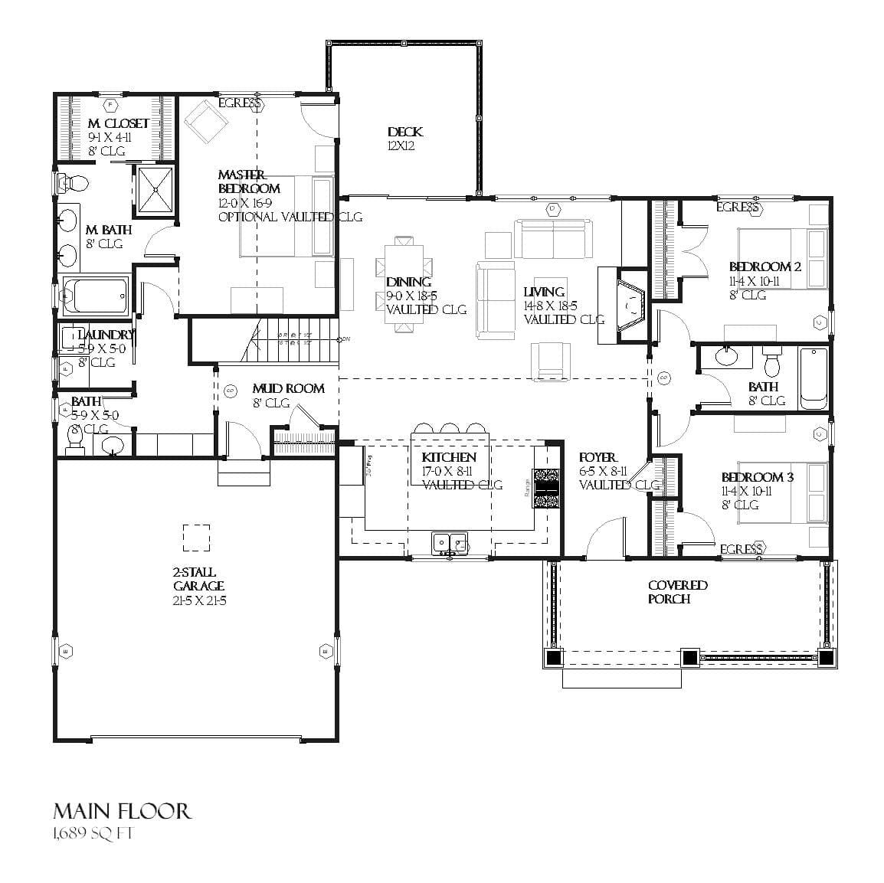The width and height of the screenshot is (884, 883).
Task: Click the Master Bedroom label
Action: click(x=249, y=182)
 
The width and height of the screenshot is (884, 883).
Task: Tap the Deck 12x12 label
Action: click(x=404, y=132)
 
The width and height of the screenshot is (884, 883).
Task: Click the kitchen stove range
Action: click(x=545, y=488)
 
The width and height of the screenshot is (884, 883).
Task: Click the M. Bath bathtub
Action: click(x=96, y=295)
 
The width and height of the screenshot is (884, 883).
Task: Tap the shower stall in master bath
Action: click(x=156, y=189)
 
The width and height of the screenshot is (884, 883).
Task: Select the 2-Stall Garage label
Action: click(x=194, y=579)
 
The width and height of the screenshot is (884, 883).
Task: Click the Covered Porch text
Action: click(x=677, y=592)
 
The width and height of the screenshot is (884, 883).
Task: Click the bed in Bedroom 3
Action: click(x=781, y=492)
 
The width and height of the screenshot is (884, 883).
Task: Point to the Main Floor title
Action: click(x=122, y=812)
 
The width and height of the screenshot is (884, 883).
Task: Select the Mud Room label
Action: click(x=288, y=388)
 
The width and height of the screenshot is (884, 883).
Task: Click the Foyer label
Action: click(x=598, y=457)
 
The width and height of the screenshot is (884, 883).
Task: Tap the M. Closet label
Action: click(x=118, y=123)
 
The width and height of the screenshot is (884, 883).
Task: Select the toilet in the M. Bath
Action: click(x=74, y=182)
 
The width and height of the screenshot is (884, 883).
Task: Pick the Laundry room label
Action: click(x=106, y=335)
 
